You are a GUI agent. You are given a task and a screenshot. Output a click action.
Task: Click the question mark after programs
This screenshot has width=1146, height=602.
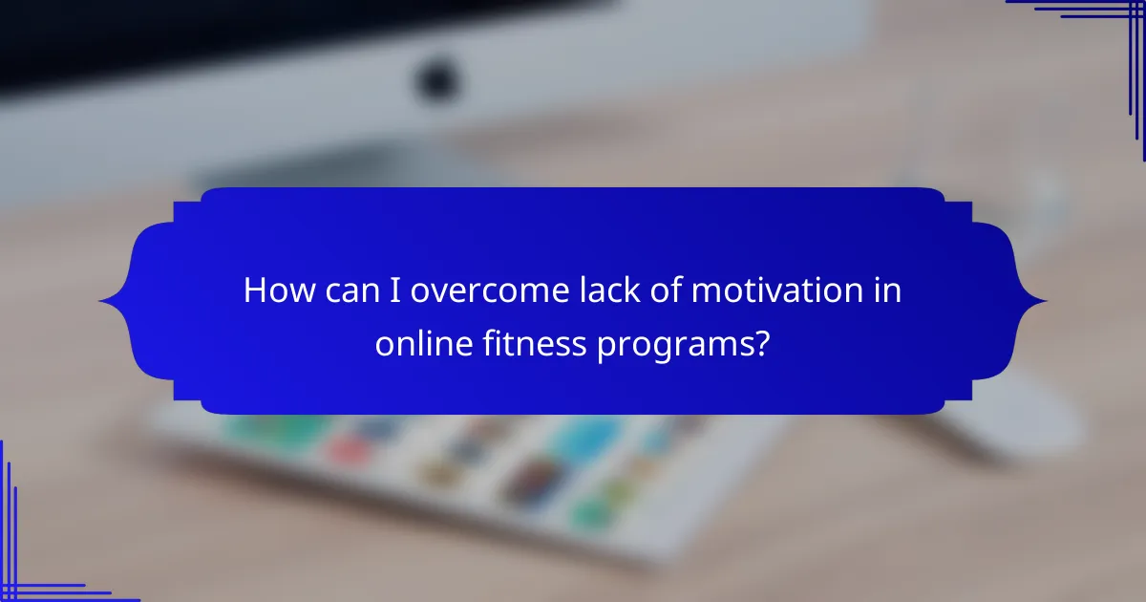(x=761, y=342)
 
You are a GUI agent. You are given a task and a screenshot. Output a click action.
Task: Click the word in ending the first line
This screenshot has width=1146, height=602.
(x=888, y=290)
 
